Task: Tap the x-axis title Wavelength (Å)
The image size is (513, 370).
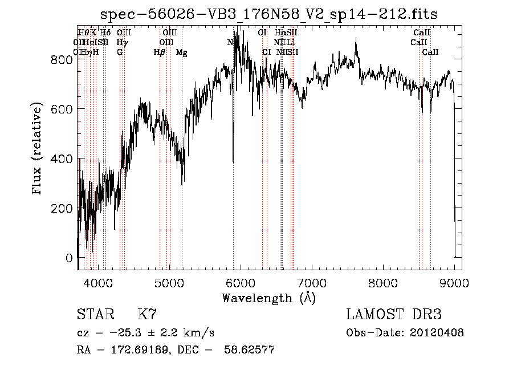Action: (269, 298)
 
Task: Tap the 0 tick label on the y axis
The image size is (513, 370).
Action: (69, 258)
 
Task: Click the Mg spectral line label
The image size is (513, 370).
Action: (181, 52)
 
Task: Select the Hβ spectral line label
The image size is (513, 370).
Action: (160, 52)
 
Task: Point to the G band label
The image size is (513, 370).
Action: (120, 52)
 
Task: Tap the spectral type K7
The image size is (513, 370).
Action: (147, 315)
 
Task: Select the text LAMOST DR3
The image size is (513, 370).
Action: (394, 315)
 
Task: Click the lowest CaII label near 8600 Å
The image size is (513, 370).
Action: (430, 52)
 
